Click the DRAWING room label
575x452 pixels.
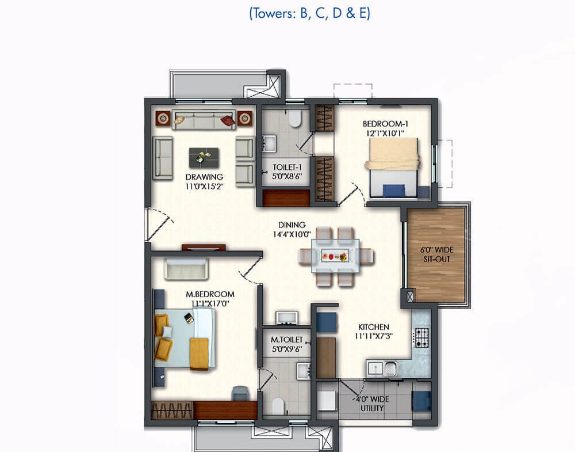pyautogui.click(x=204, y=177)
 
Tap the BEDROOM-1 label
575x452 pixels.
pyautogui.click(x=385, y=124)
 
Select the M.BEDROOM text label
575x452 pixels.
pyautogui.click(x=210, y=294)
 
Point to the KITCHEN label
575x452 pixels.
pyautogui.click(x=374, y=327)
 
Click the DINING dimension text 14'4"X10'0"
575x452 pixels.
pyautogui.click(x=292, y=234)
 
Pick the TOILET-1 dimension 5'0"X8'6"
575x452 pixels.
pyautogui.click(x=287, y=176)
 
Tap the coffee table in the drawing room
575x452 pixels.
pyautogui.click(x=204, y=158)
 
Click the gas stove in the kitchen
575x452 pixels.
pyautogui.click(x=421, y=338)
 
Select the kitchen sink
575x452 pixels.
pyautogui.click(x=382, y=369)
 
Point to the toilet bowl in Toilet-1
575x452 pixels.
pyautogui.click(x=295, y=118)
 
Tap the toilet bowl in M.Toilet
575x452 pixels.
pyautogui.click(x=278, y=406)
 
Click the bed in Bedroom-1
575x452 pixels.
pyautogui.click(x=393, y=167)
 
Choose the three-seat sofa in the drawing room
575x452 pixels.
pyautogui.click(x=204, y=120)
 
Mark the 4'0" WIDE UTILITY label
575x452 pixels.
pyautogui.click(x=371, y=404)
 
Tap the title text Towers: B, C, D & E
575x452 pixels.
pyautogui.click(x=309, y=14)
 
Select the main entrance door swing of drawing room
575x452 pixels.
pyautogui.click(x=159, y=225)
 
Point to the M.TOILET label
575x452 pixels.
pyautogui.click(x=287, y=340)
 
